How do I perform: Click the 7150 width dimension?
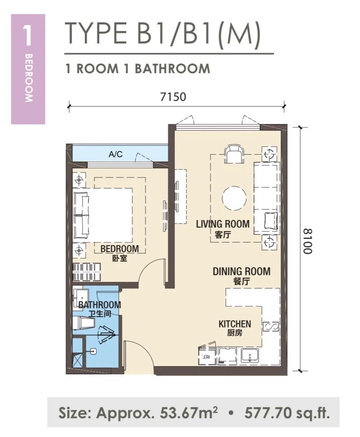(173, 97)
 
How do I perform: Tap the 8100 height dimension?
(308, 241)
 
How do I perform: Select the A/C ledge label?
(116, 154)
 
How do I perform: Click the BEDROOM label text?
(120, 249)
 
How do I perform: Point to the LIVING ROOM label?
(223, 224)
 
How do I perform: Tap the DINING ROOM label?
(242, 271)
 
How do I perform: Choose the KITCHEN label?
(235, 324)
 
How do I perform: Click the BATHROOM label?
(100, 305)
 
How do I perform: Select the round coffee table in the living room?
(234, 198)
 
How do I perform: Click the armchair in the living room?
(234, 154)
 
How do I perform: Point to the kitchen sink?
(250, 356)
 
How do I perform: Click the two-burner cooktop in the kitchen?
(271, 327)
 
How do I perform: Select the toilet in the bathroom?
(83, 323)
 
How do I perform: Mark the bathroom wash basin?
(81, 297)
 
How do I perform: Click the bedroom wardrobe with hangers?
(86, 272)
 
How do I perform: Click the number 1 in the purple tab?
(28, 36)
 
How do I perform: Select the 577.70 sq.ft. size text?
(287, 413)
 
